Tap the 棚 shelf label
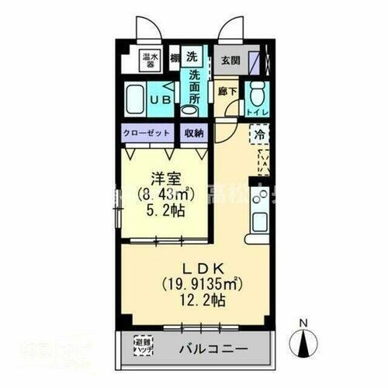click(x=176, y=57)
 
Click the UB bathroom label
click(x=161, y=100)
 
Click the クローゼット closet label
click(x=147, y=133)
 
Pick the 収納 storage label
click(x=193, y=133)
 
